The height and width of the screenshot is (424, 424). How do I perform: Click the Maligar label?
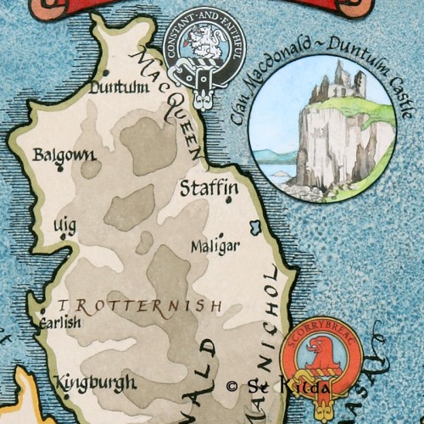click(215, 246)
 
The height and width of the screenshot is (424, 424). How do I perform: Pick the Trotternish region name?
click(141, 305)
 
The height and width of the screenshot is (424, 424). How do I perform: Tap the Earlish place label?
click(60, 323)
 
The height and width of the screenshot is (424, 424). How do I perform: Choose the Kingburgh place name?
click(95, 382)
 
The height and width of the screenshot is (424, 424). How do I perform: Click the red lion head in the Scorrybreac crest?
click(321, 353)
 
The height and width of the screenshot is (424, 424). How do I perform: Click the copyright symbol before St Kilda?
click(232, 386)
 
